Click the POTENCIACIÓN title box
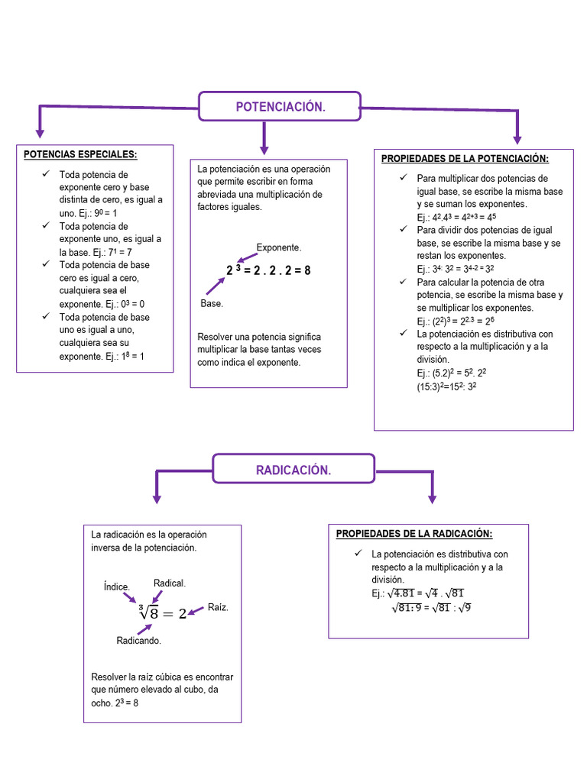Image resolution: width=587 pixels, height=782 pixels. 280,107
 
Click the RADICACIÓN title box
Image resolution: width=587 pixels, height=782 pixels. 293,470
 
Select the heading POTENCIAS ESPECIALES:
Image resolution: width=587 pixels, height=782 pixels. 80,155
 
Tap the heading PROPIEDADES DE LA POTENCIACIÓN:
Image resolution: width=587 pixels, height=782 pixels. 465,159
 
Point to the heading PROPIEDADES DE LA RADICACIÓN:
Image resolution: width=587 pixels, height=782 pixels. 414,534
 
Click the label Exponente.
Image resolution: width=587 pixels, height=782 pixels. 279,248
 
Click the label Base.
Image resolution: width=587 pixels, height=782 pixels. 212,304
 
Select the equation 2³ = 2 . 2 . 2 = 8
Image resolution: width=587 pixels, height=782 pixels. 268,270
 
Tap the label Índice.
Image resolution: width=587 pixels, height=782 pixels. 117,586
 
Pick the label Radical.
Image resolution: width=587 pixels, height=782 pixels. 170,583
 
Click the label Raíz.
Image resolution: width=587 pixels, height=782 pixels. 218,608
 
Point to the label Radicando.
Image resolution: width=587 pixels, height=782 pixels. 138,641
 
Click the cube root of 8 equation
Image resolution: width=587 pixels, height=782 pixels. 162,612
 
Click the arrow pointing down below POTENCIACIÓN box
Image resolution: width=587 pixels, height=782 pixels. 264,139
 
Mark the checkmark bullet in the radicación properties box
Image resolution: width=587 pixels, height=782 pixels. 358,554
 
